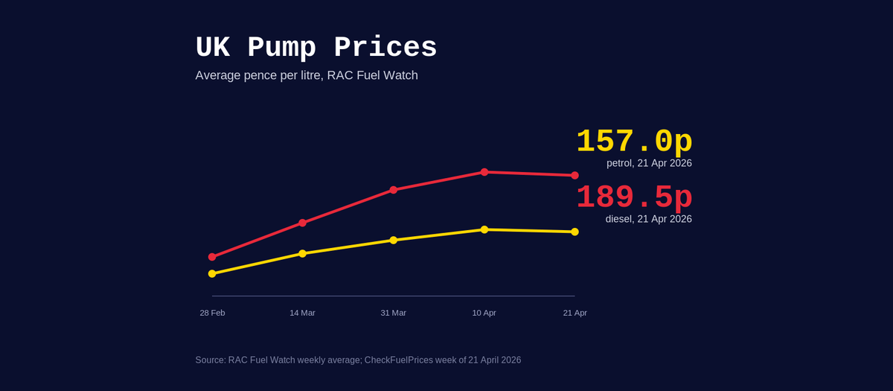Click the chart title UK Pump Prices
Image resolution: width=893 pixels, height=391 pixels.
coord(316,48)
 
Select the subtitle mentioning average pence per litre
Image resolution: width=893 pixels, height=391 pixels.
coord(307,75)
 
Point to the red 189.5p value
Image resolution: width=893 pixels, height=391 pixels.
coord(634,197)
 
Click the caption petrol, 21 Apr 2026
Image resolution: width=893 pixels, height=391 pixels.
coord(649,163)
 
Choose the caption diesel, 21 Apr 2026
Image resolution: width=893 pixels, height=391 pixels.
coord(648,219)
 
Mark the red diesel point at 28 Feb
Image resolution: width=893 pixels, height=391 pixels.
coord(212,257)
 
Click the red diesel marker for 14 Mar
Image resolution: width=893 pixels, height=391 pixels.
coord(302,223)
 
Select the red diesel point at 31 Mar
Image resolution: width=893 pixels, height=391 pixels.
coord(394,190)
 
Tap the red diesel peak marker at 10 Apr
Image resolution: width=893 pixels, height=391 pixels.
coord(484,172)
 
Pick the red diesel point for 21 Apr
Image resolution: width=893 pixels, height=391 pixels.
coord(574,176)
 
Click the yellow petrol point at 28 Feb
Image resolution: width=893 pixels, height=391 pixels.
coord(212,273)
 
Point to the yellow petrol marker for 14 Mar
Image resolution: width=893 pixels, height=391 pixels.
coord(302,253)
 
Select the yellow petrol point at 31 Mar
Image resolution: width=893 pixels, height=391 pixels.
coord(394,240)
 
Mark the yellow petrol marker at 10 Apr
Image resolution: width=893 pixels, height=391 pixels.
coord(484,229)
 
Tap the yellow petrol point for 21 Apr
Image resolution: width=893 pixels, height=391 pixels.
coord(574,232)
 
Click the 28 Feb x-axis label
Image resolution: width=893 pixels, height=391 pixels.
coord(212,313)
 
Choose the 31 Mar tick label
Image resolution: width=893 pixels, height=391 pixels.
coord(394,313)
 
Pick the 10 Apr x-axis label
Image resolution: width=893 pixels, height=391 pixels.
coord(484,313)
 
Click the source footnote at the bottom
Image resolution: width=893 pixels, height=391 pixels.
coord(358,360)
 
